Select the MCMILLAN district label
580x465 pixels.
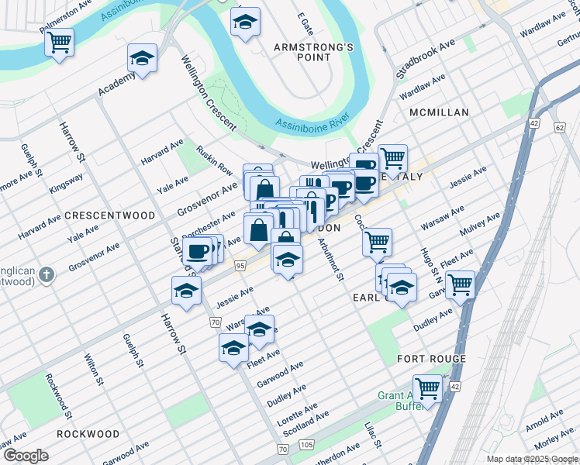[x=439, y=112]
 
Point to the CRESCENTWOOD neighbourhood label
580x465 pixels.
[x=109, y=215]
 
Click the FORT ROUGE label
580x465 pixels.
[x=431, y=359]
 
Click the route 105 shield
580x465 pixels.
[x=306, y=444]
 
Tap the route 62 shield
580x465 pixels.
[x=560, y=126]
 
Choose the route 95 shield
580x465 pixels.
[x=240, y=266]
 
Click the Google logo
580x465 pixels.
[x=26, y=456]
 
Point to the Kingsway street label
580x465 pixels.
[x=66, y=183]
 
